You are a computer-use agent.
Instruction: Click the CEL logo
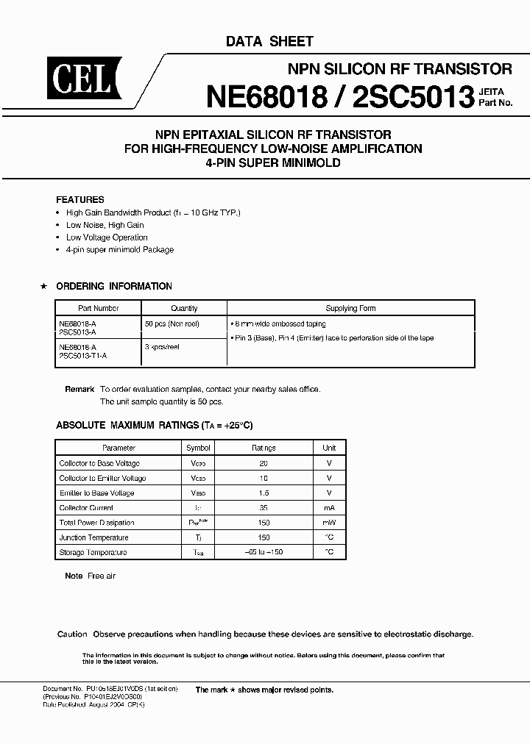[x=80, y=79]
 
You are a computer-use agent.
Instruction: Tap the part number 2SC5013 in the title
[x=412, y=96]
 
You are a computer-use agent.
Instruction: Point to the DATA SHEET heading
[x=269, y=42]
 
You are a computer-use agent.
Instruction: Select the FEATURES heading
[x=80, y=199]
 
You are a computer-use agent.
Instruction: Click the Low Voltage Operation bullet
[x=107, y=237]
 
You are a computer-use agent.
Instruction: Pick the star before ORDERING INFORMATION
[x=43, y=286]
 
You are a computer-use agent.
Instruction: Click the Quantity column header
[x=184, y=309]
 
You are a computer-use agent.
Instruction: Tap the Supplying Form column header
[x=351, y=309]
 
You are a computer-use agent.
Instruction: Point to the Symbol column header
[x=198, y=448]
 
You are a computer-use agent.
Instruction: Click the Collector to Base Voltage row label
[x=99, y=463]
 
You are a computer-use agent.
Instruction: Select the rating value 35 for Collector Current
[x=264, y=508]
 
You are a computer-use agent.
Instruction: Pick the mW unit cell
[x=329, y=523]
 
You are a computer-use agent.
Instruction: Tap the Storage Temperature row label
[x=93, y=552]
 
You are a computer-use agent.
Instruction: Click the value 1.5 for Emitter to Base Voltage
[x=264, y=493]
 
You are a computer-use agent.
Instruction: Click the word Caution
[x=72, y=634]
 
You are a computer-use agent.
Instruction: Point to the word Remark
[x=79, y=389]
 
